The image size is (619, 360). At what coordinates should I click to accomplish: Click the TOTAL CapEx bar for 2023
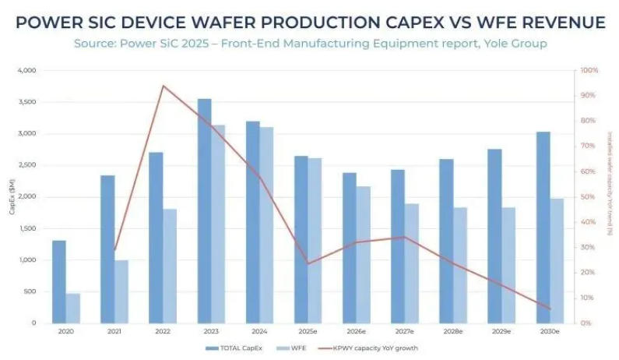tap(205, 210)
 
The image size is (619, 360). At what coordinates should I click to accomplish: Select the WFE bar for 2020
tap(72, 308)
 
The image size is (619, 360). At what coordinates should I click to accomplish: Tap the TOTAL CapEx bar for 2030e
tap(543, 227)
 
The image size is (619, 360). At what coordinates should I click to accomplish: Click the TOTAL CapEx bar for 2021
tap(107, 249)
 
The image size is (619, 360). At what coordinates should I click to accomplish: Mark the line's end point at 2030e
tap(550, 309)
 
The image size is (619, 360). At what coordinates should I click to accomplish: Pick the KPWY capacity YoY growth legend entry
tap(366, 348)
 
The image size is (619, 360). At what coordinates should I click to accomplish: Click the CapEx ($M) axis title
tap(12, 197)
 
